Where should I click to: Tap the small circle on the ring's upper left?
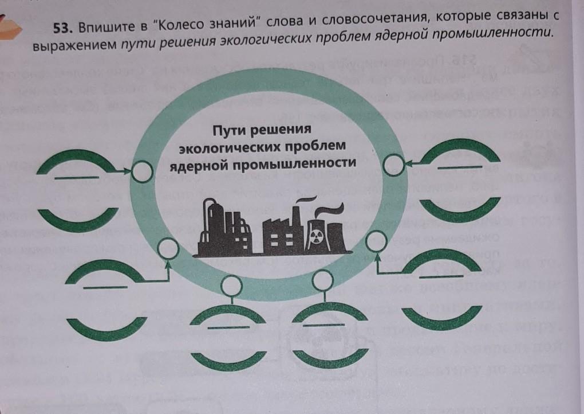141,170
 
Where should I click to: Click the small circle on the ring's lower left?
168,248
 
